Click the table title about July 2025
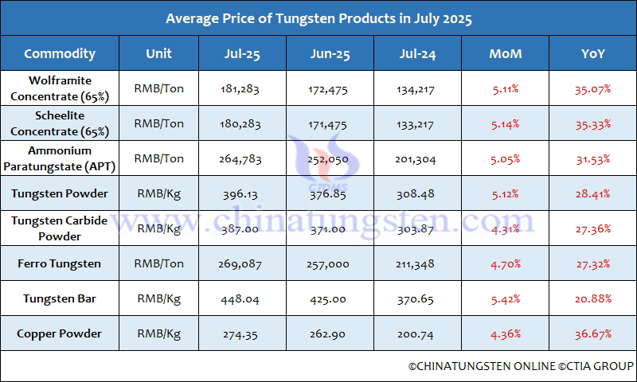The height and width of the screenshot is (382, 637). coord(318,18)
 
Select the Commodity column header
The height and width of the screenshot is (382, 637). coord(60,54)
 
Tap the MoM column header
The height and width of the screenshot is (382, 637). coord(506,54)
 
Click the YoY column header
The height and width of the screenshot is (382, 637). coord(592,54)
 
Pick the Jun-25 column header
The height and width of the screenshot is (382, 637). coord(328,54)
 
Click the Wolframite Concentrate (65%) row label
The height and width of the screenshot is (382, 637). coord(60,88)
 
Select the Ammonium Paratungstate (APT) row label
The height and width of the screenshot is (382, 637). coord(60,158)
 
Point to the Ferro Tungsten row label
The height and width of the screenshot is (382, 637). coord(60,263)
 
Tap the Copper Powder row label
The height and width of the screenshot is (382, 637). coord(60,333)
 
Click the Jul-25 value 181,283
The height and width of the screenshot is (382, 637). coord(241,88)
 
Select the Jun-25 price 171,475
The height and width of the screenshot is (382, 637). coord(328,123)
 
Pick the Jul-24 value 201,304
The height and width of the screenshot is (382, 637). coord(416,158)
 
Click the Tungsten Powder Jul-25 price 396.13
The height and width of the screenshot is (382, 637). coord(241,193)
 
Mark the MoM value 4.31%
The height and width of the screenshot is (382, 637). coord(506,228)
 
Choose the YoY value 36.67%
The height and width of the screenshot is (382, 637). coord(592,333)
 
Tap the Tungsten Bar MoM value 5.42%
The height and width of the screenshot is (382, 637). coord(506,298)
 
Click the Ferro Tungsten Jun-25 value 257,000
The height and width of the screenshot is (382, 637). coord(328,263)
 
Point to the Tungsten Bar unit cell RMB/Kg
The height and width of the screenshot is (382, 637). coord(159,298)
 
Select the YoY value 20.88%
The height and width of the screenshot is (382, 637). coord(592,298)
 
